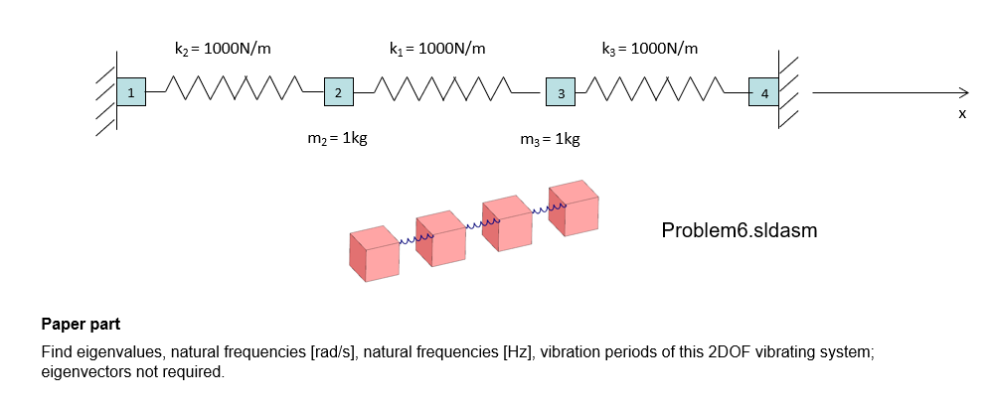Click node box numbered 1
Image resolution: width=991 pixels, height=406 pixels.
coord(129,92)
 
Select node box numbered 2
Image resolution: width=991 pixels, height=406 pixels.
coord(338,92)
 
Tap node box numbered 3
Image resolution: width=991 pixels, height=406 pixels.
coord(561,93)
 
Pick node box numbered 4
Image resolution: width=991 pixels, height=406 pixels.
coord(763,92)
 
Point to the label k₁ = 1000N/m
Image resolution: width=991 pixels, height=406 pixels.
coord(437,48)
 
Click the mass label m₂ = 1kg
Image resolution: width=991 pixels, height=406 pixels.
coord(338,139)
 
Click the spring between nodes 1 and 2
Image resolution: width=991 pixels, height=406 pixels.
coord(234,92)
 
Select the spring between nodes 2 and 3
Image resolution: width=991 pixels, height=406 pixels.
coord(447,92)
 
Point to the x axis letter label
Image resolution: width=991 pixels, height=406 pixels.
coord(962,114)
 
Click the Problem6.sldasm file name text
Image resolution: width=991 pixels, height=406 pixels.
coord(739,231)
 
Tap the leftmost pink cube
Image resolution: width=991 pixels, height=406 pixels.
coord(374,254)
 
